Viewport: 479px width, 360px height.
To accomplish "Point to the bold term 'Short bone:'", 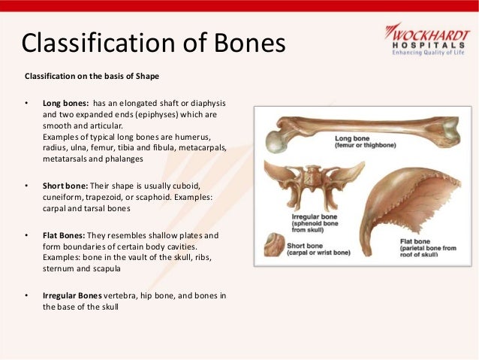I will click(66, 186).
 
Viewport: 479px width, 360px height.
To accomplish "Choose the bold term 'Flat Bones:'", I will click(66, 234).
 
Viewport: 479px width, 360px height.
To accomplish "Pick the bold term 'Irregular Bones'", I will click(72, 295).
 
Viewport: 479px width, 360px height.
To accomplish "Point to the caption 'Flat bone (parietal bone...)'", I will click(426, 248).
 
